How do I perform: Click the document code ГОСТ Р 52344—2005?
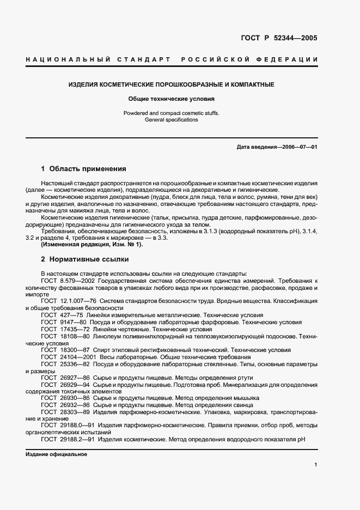point(278,38)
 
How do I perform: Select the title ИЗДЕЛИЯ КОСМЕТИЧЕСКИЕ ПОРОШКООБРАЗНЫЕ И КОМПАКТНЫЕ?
point(171,85)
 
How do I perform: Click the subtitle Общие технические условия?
point(171,100)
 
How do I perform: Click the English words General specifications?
point(171,120)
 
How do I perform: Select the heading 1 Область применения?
point(83,169)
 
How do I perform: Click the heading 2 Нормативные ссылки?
point(85,259)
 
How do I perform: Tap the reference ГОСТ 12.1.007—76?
point(66,301)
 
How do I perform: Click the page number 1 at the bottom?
point(315,465)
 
